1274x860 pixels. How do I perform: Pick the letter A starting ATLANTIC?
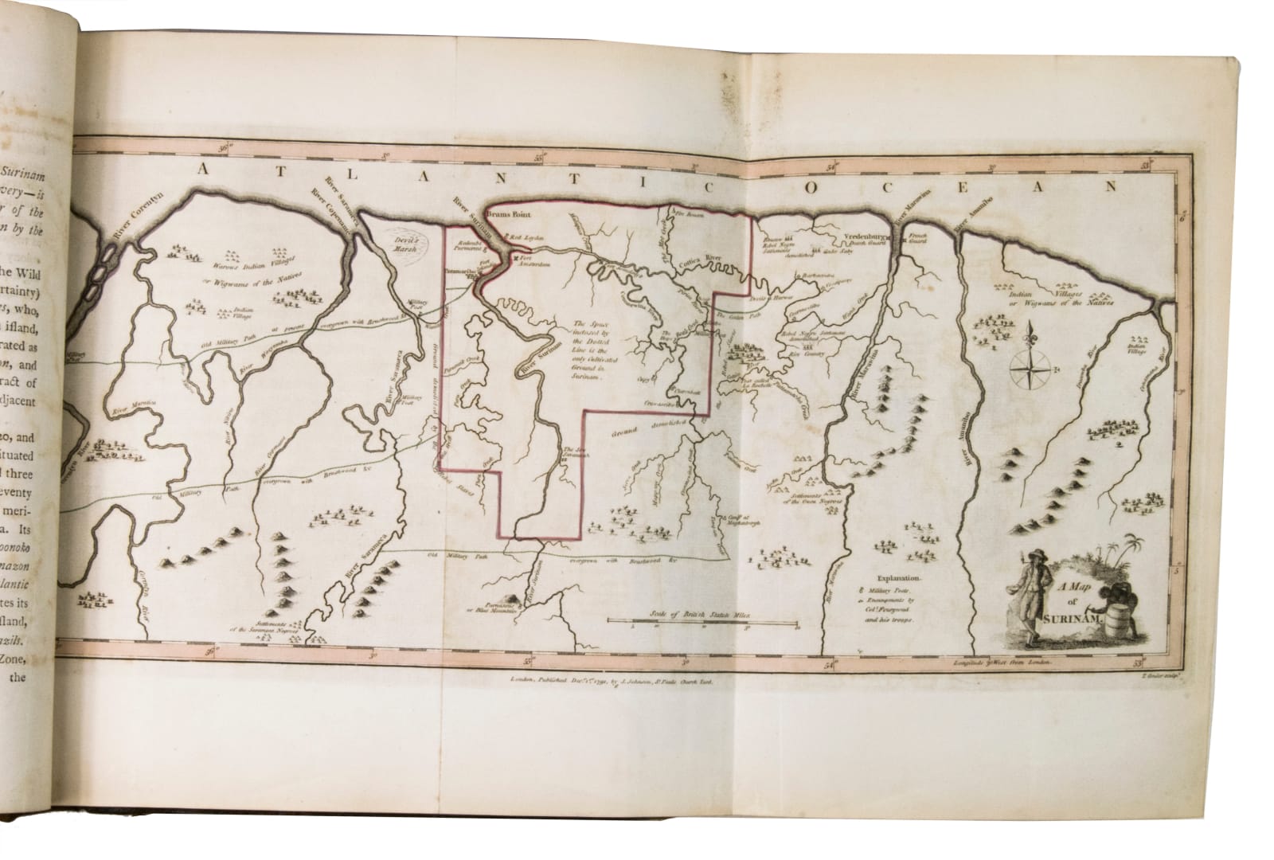(x=203, y=168)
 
